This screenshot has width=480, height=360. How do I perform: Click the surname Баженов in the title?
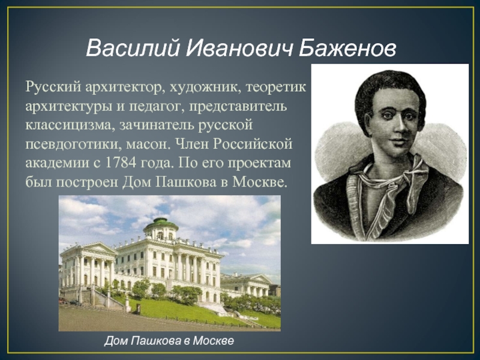pyautogui.click(x=347, y=49)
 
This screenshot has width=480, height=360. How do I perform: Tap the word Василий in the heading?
pyautogui.click(x=132, y=49)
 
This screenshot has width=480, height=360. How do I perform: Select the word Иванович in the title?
pyautogui.click(x=239, y=49)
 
